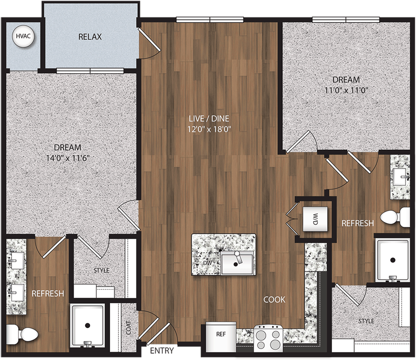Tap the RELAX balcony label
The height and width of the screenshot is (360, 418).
(90, 37)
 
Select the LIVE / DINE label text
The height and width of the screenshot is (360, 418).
(210, 118)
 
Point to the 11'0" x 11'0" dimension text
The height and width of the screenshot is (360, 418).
(346, 91)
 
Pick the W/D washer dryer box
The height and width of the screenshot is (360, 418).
(315, 219)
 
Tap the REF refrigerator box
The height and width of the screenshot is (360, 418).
(221, 335)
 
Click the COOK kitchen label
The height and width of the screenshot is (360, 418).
(274, 300)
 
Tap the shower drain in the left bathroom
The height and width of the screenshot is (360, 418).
(88, 325)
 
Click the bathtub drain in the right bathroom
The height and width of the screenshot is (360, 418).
(392, 260)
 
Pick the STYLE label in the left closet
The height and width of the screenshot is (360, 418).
(102, 271)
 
